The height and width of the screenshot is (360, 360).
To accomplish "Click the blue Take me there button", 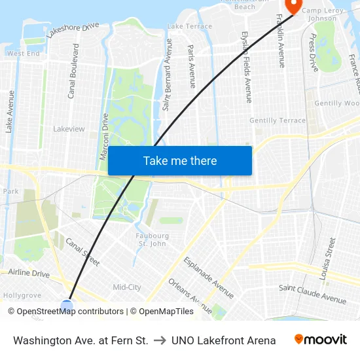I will pyautogui.click(x=180, y=161).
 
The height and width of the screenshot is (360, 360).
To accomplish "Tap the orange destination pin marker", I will pyautogui.click(x=293, y=6).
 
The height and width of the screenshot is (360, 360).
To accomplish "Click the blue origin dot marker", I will pyautogui.click(x=67, y=305).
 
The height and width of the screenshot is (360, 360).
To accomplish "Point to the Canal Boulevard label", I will pyautogui.click(x=73, y=71).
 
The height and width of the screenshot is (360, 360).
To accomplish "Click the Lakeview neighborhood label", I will pyautogui.click(x=69, y=129).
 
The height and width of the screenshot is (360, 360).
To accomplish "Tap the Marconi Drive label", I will pyautogui.click(x=103, y=136).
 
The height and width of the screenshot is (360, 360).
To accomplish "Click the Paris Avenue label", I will pyautogui.click(x=192, y=66).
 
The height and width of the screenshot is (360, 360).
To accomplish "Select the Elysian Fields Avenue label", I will pyautogui.click(x=246, y=67).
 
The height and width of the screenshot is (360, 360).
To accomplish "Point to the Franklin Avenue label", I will pyautogui.click(x=281, y=41).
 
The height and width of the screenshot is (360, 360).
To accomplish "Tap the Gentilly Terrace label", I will pyautogui.click(x=278, y=120).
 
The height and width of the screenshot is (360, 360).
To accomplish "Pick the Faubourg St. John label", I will pyautogui.click(x=152, y=240).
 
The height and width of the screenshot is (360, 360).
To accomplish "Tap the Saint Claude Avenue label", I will pyautogui.click(x=312, y=294).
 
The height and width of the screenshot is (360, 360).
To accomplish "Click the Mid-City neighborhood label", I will pyautogui.click(x=127, y=287).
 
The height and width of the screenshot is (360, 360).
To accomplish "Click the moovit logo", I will pyautogui.click(x=320, y=340).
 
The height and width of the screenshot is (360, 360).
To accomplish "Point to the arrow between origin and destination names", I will pyautogui.click(x=159, y=340).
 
